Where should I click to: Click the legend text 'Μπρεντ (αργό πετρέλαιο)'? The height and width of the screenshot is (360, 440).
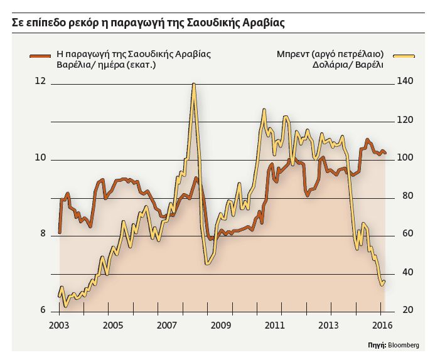pyautogui.click(x=330, y=54)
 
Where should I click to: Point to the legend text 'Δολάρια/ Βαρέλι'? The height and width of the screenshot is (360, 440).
pyautogui.click(x=346, y=65)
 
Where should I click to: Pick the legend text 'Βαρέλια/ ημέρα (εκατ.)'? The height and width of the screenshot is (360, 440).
pyautogui.click(x=106, y=65)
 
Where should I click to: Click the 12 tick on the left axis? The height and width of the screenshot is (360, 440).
pyautogui.click(x=41, y=81)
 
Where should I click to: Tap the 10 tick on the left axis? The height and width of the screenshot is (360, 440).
pyautogui.click(x=41, y=157)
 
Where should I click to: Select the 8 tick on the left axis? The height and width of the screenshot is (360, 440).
pyautogui.click(x=43, y=234)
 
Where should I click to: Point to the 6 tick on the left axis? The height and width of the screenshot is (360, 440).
pyautogui.click(x=43, y=310)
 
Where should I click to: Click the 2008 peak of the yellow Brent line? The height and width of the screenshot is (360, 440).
pyautogui.click(x=194, y=84)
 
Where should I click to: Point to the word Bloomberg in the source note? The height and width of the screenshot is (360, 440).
pyautogui.click(x=403, y=345)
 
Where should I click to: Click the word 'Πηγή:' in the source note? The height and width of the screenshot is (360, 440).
pyautogui.click(x=377, y=345)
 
